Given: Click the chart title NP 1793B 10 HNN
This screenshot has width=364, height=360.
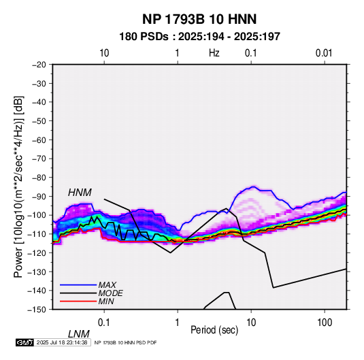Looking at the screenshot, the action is pyautogui.click(x=199, y=19).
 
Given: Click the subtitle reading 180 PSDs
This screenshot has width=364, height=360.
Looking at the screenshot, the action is pyautogui.click(x=144, y=37).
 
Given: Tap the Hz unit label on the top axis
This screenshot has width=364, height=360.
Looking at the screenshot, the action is pyautogui.click(x=214, y=53).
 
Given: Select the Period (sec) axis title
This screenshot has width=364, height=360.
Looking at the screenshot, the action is pyautogui.click(x=214, y=330).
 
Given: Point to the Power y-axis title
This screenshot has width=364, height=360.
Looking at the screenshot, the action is pyautogui.click(x=18, y=187).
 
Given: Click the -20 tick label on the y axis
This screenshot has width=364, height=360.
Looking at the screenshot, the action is pyautogui.click(x=39, y=65).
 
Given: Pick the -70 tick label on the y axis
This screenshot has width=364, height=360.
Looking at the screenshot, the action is pyautogui.click(x=39, y=159).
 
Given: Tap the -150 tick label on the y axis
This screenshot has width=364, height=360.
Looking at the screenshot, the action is pyautogui.click(x=37, y=310).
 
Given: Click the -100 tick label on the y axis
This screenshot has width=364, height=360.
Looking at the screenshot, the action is pyautogui.click(x=37, y=215).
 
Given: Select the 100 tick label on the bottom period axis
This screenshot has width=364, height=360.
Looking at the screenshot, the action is pyautogui.click(x=325, y=323).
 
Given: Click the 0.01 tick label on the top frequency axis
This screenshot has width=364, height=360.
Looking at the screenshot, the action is pyautogui.click(x=324, y=53).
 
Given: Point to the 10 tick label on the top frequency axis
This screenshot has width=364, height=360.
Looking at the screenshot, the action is pyautogui.click(x=104, y=53).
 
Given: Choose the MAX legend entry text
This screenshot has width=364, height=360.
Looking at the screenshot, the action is pyautogui.click(x=107, y=284).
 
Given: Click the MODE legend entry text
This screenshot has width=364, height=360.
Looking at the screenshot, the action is pyautogui.click(x=110, y=293).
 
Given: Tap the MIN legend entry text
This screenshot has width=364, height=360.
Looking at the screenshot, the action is pyautogui.click(x=106, y=301).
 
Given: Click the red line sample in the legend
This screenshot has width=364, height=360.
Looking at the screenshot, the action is pyautogui.click(x=78, y=301).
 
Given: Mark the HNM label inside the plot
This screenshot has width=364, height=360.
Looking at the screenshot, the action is pyautogui.click(x=80, y=193).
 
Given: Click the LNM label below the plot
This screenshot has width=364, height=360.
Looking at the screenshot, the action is pyautogui.click(x=78, y=334).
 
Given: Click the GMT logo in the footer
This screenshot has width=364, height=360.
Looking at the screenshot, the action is pyautogui.click(x=25, y=342).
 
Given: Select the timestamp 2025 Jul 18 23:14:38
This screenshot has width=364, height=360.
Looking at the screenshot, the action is pyautogui.click(x=62, y=342).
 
